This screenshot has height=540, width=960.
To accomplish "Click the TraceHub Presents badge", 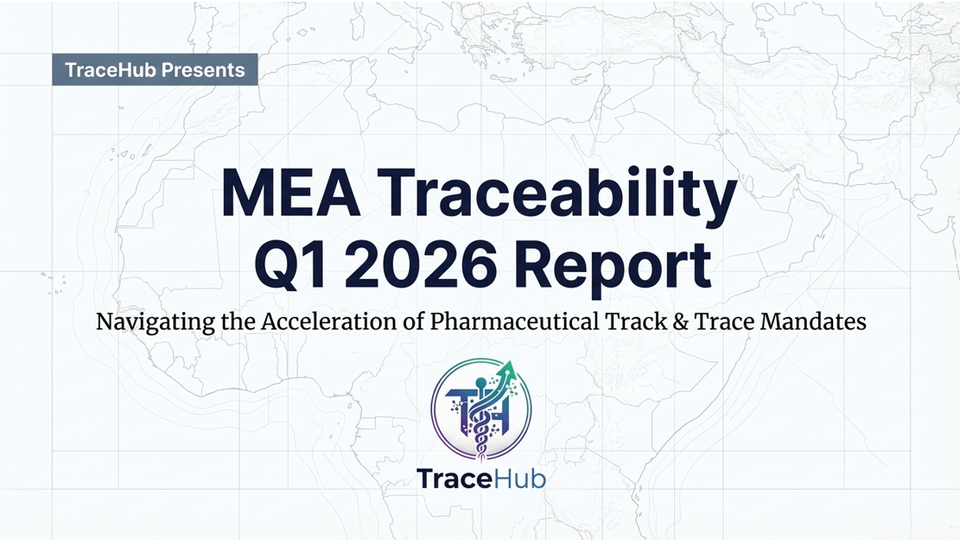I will pyautogui.click(x=155, y=70).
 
